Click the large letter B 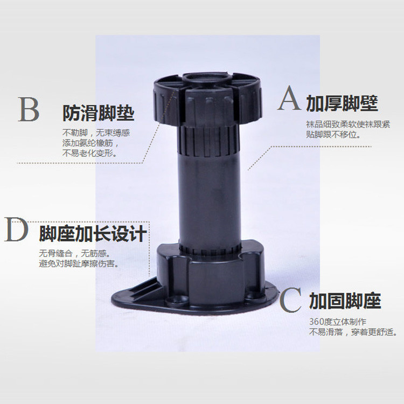coord(29,110)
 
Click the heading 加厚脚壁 coord(342,103)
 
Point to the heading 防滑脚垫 coord(98,114)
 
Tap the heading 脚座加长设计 coord(93,235)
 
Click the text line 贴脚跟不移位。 coord(333,134)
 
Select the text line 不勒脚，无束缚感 coord(96,133)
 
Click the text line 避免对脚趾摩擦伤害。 coord(79,264)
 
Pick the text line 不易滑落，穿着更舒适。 coord(353,332)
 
